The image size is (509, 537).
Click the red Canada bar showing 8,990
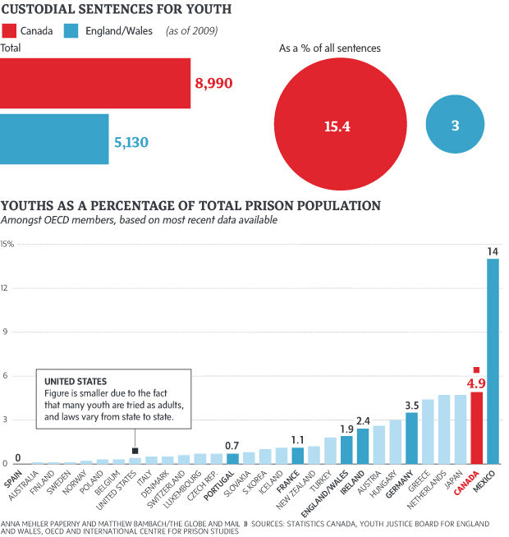[95, 83]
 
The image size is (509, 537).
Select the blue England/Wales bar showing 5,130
[54, 139]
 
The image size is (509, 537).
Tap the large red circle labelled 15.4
[337, 126]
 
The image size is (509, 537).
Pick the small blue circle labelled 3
[455, 126]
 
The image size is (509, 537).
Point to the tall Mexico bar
[493, 361]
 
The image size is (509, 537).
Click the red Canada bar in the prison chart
[476, 427]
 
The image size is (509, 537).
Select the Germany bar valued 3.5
[411, 438]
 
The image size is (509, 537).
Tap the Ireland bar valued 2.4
[363, 446]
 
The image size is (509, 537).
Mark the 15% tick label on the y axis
[7, 244]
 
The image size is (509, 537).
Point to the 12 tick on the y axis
[6, 288]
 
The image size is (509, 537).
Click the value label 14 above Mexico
[493, 250]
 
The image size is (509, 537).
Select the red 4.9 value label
[476, 383]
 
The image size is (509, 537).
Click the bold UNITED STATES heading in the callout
[75, 382]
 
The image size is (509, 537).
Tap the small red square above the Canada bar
[476, 370]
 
